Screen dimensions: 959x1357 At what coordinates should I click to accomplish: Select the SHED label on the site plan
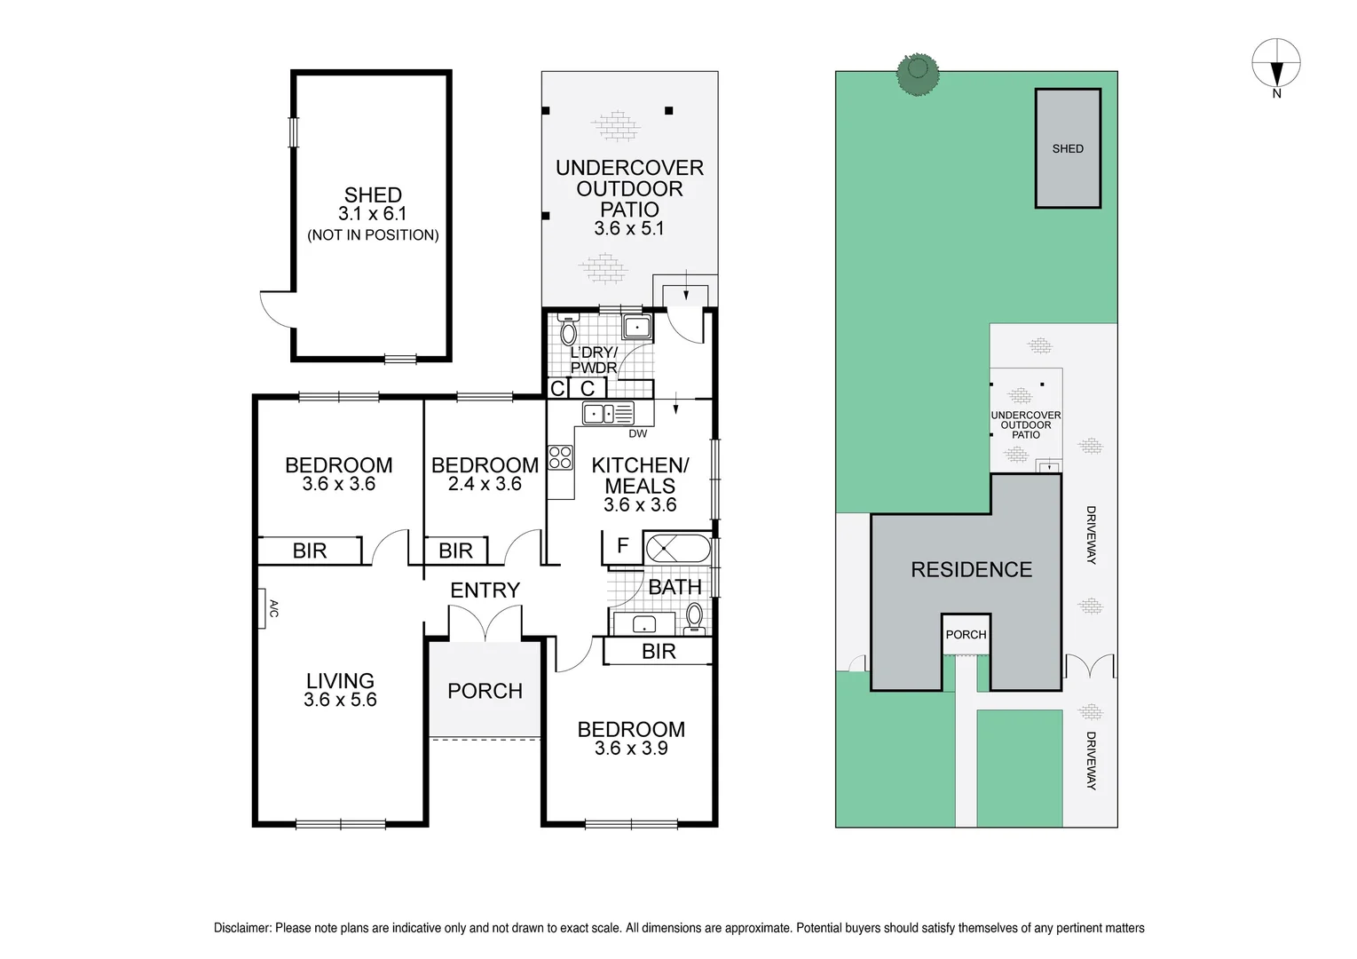point(1068,148)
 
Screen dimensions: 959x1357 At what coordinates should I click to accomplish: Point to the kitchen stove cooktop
point(560,457)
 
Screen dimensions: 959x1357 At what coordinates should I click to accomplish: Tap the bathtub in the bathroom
point(677,548)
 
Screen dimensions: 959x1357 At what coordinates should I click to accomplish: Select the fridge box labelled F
point(622,546)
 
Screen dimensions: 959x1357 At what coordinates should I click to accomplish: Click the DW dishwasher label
point(637,434)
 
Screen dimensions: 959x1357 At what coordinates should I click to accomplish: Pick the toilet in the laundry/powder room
point(568,330)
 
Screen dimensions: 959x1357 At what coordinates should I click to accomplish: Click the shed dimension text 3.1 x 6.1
point(373,214)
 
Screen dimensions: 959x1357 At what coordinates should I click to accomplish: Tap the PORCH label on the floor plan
point(485,691)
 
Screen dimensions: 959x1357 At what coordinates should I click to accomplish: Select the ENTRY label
point(485,590)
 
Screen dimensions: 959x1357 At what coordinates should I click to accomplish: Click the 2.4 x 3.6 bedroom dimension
point(485,485)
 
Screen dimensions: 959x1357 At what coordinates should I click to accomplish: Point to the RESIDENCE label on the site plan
point(971,569)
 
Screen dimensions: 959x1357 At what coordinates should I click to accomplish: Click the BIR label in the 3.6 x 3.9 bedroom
point(659,652)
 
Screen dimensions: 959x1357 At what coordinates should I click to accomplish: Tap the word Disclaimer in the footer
point(242,928)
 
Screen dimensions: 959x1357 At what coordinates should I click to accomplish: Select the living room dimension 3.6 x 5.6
point(340,700)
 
